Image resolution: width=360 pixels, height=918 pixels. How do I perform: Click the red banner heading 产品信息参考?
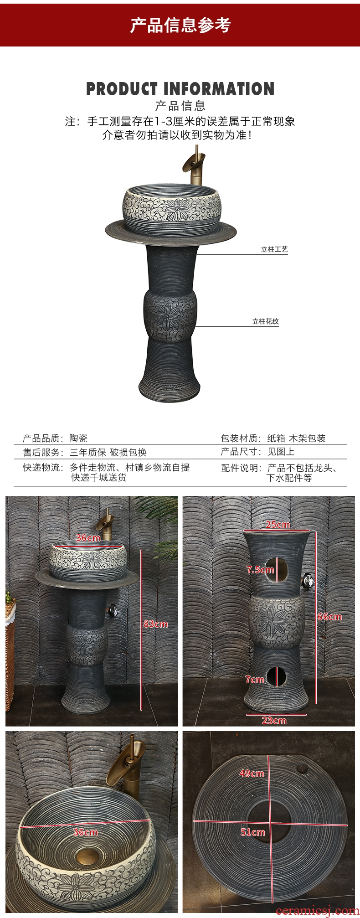[x=180, y=25]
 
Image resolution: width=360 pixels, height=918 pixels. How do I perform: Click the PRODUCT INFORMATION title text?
[x=180, y=89]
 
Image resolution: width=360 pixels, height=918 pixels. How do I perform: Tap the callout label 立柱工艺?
[x=274, y=249]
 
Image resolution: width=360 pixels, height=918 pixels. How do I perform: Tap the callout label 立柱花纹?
[x=266, y=321]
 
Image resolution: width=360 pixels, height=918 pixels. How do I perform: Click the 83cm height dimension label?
[x=155, y=624]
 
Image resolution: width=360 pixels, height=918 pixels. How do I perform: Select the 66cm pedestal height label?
[x=329, y=617]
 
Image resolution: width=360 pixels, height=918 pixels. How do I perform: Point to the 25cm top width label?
[x=278, y=525]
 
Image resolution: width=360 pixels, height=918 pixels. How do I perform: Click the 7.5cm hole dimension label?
[x=260, y=570]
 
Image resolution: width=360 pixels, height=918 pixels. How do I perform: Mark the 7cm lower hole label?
[x=255, y=680]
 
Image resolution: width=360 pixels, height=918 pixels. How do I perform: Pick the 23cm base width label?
[x=274, y=721]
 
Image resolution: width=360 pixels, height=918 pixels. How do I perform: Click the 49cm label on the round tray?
[x=252, y=774]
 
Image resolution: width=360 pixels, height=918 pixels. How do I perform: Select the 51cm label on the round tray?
[x=252, y=832]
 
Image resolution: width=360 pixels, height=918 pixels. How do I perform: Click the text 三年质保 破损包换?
[x=108, y=452]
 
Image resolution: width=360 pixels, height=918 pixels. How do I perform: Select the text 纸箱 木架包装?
[x=296, y=438]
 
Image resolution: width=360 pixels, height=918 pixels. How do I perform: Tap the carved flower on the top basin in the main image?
[x=177, y=210]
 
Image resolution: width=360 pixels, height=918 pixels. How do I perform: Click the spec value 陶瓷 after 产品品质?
[x=78, y=438]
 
